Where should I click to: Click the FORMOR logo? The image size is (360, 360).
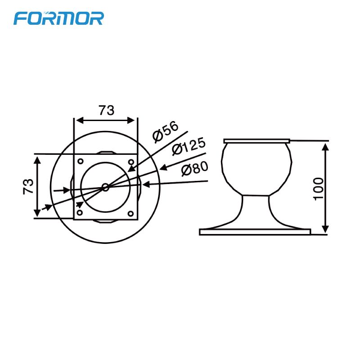coord(58,18)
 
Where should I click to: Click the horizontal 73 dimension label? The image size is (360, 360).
coord(107,110)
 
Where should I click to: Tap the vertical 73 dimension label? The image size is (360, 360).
coord(28,186)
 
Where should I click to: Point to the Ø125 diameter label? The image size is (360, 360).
coord(189,146)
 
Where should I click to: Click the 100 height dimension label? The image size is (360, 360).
coord(318,189)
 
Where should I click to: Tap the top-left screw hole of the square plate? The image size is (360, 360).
coord(80,161)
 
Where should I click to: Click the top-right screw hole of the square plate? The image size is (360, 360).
coord(131,162)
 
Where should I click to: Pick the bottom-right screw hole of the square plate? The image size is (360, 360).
coord(131,212)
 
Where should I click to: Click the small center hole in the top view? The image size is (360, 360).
coord(105,187)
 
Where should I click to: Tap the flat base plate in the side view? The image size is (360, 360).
coord(255,232)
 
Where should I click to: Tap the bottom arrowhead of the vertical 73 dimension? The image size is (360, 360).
coord(37,214)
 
